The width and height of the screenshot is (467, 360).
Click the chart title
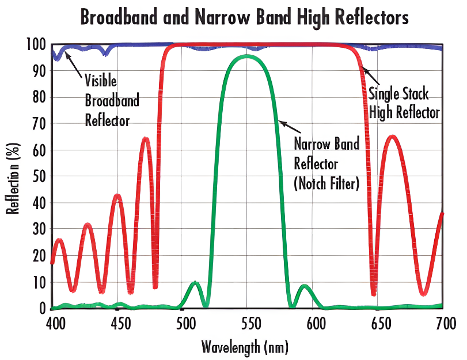click(x=244, y=17)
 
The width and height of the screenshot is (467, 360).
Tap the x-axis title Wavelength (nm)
click(x=244, y=347)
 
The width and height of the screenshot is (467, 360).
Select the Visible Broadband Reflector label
click(x=112, y=100)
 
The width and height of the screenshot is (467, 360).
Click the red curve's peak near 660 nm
click(x=393, y=137)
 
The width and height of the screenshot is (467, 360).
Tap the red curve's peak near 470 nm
click(x=146, y=138)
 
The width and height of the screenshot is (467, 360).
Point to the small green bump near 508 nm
click(x=195, y=283)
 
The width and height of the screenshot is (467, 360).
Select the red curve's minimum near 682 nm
click(x=424, y=294)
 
